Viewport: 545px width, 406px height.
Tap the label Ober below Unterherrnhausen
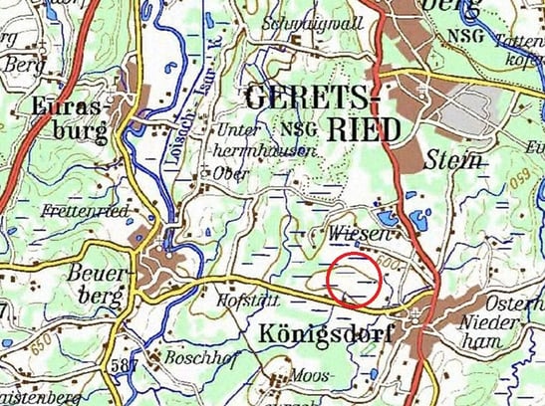230,171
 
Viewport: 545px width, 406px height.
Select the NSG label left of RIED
296,129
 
